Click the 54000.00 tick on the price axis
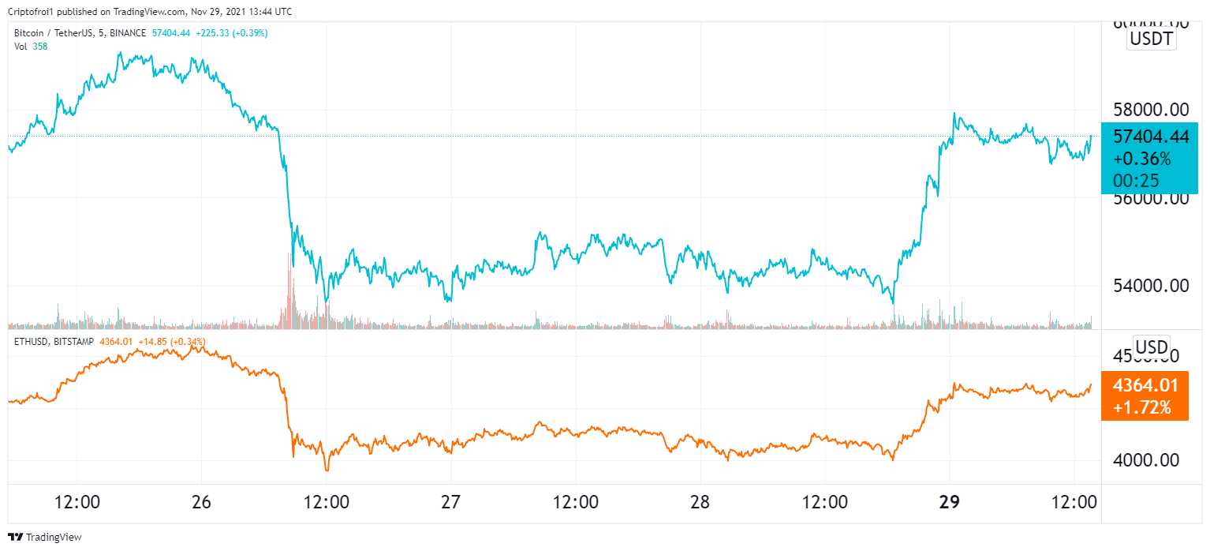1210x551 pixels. click(x=1150, y=286)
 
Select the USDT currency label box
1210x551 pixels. click(x=1152, y=39)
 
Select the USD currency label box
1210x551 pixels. click(x=1151, y=347)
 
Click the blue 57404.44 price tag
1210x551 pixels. click(x=1150, y=137)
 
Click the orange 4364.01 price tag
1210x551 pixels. click(x=1145, y=386)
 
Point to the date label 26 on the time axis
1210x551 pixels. click(x=201, y=503)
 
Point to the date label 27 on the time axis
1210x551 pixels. click(x=450, y=503)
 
